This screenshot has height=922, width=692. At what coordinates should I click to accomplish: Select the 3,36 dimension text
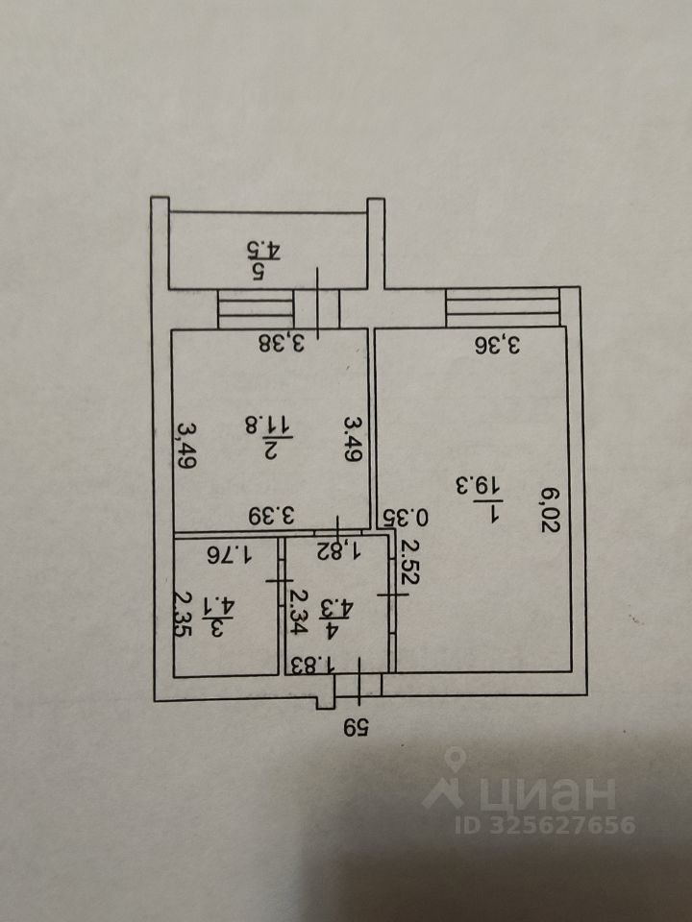click(500, 344)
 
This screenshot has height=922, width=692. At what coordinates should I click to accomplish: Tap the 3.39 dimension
click(273, 516)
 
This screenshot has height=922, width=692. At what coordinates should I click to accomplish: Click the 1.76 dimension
click(230, 552)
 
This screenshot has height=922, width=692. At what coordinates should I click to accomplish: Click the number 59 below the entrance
click(356, 727)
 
